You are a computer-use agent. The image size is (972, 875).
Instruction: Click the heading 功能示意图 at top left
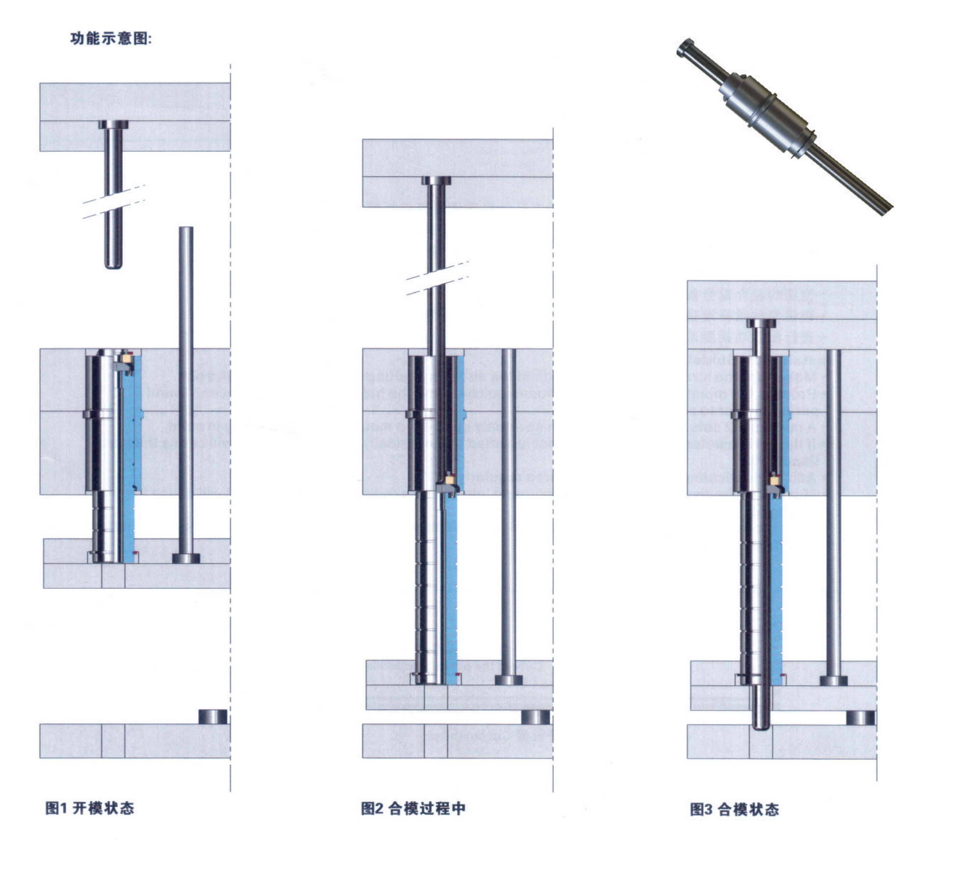111,38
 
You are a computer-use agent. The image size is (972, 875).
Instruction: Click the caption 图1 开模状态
89,808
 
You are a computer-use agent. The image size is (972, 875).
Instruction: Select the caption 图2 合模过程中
413,808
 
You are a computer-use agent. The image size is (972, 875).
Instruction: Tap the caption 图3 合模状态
734,809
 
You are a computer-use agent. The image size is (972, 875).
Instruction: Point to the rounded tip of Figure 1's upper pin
114,264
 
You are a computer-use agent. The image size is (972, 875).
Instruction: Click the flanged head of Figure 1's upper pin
113,124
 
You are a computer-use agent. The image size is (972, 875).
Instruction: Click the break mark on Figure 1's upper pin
114,201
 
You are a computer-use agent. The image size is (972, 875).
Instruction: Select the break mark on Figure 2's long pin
437,278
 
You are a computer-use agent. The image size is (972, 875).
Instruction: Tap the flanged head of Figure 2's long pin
436,180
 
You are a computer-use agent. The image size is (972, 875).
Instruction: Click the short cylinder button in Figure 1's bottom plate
213,716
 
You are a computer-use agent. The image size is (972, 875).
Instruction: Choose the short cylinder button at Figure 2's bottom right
536,717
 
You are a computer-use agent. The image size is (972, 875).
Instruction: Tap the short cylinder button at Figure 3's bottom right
860,718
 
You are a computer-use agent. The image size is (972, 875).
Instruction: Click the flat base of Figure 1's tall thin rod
186,558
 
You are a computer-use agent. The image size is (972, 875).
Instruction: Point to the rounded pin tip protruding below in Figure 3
761,725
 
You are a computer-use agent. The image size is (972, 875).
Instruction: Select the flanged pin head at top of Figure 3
761,323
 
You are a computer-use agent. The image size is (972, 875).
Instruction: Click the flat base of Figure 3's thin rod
833,681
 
